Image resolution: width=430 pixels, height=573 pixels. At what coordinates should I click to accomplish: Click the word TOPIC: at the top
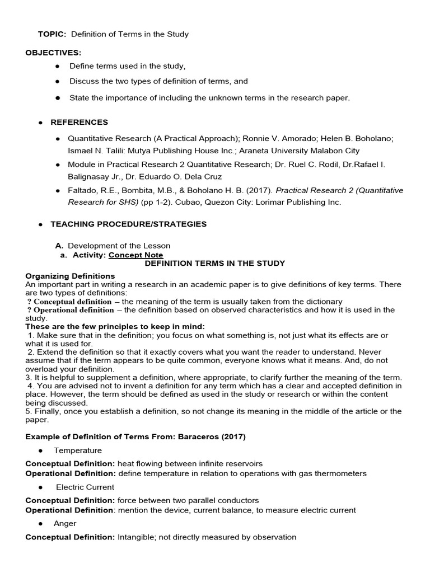click(x=52, y=34)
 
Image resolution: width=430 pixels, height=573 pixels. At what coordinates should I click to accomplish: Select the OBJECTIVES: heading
click(x=53, y=53)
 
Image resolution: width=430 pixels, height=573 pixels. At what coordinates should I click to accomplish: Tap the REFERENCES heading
click(x=80, y=122)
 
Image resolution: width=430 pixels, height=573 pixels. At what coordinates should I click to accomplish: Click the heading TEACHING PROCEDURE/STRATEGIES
click(x=128, y=224)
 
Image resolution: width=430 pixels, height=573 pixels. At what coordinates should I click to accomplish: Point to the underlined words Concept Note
click(x=136, y=255)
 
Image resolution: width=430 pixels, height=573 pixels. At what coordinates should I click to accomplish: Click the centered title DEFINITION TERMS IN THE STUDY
click(x=215, y=263)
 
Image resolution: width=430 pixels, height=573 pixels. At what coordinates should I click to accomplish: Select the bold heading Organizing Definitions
click(x=70, y=276)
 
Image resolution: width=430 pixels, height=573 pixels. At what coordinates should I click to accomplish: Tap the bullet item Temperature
click(x=78, y=450)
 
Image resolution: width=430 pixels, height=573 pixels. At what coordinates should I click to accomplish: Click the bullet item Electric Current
click(x=85, y=487)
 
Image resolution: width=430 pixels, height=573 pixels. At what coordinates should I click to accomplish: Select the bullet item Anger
click(x=65, y=523)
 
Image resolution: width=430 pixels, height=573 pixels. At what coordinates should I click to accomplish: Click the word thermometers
click(x=342, y=473)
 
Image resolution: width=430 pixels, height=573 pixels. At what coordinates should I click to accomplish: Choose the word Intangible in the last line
click(x=135, y=537)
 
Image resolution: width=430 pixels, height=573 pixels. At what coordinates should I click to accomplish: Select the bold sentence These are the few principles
click(x=94, y=327)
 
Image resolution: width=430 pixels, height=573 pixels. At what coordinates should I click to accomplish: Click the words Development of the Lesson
click(x=119, y=246)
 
